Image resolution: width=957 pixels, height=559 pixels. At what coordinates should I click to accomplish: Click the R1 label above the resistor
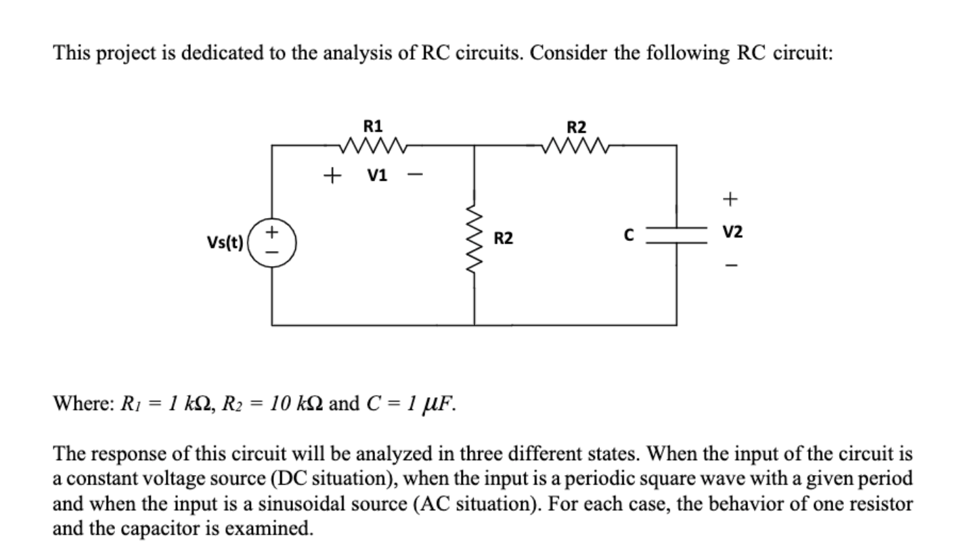[373, 126]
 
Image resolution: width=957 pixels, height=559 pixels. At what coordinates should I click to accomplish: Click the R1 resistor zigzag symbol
[374, 144]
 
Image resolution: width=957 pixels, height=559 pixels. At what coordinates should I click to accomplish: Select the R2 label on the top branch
[577, 127]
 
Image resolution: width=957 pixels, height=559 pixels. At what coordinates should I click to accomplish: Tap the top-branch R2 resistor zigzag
[577, 144]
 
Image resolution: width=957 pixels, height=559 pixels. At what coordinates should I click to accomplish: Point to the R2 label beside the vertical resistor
[504, 238]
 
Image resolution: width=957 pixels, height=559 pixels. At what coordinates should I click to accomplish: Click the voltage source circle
[272, 240]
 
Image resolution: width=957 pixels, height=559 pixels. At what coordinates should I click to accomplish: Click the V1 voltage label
[378, 176]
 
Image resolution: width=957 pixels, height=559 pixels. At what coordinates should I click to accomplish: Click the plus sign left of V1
[331, 177]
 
